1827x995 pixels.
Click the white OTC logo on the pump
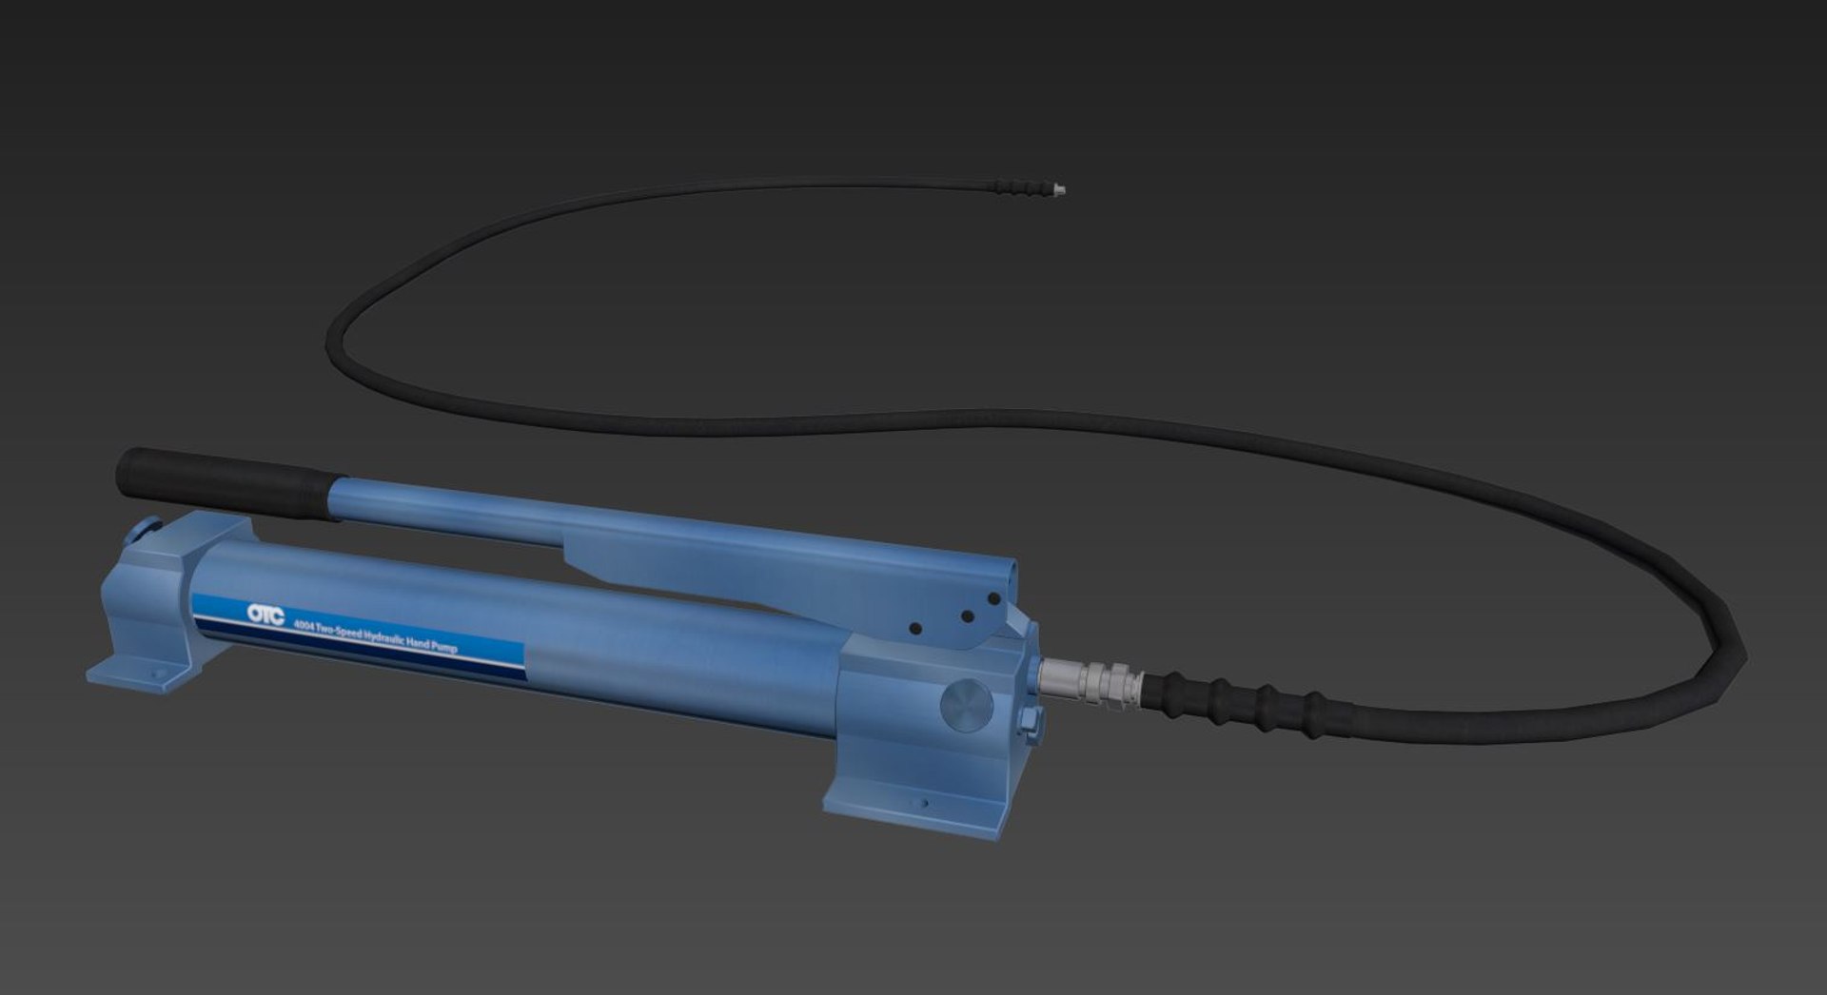point(265,615)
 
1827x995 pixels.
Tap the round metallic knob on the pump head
point(966,706)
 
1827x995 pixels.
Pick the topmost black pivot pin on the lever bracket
point(993,599)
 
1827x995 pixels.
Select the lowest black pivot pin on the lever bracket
point(915,629)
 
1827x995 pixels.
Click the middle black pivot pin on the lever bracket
point(967,616)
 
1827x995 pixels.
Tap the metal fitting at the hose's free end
point(1057,190)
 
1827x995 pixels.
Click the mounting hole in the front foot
point(924,804)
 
